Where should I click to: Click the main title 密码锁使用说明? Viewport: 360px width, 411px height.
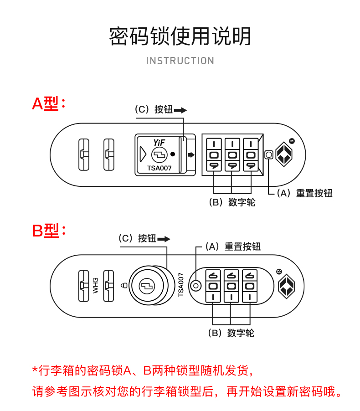point(180,36)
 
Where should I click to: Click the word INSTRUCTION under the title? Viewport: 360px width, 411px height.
point(180,61)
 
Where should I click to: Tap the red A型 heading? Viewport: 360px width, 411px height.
point(48,104)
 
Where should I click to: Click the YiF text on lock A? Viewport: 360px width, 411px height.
point(159,143)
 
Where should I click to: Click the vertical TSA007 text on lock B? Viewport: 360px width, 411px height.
point(181,285)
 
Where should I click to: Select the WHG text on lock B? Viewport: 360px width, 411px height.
point(96,286)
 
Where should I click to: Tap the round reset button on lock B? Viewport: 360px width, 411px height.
point(195,286)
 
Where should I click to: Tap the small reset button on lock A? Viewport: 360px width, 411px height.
point(269,155)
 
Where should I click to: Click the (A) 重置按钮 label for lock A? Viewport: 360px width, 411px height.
point(304,193)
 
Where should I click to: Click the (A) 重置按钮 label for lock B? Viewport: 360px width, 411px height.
point(232,247)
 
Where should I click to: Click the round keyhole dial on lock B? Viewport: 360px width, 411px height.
point(147,286)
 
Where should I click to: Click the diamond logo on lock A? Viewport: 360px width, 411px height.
point(284,154)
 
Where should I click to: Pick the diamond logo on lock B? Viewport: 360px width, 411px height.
point(287,286)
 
